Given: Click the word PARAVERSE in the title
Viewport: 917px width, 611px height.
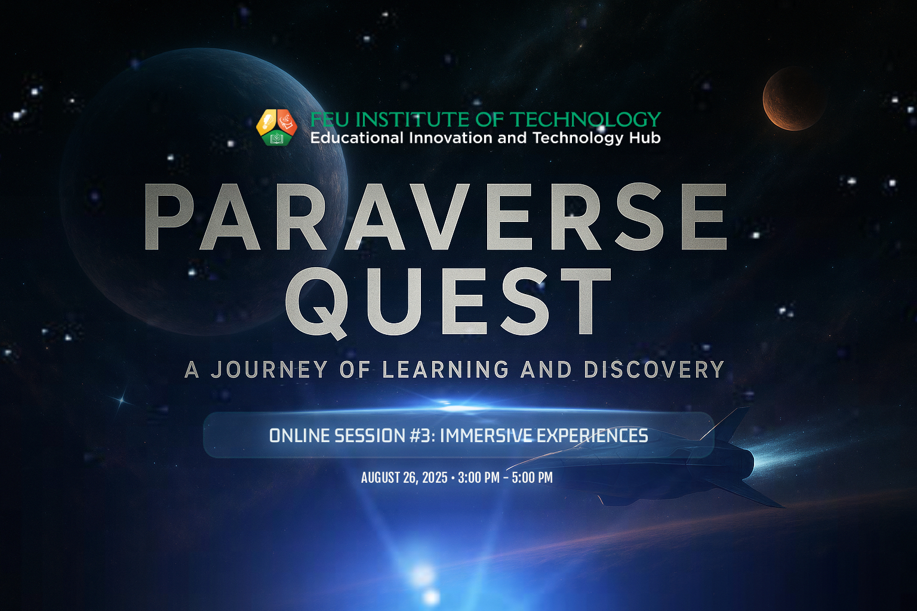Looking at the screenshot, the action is pos(436,217).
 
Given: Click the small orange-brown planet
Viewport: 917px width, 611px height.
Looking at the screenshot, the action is pos(793,98).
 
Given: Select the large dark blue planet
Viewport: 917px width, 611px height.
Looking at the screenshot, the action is pos(204,192).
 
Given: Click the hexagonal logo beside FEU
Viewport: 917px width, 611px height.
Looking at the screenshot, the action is pos(277,127).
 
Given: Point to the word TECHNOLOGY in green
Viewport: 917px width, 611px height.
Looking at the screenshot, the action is pos(587,119).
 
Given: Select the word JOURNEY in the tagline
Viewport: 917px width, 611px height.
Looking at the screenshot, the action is pos(269,369).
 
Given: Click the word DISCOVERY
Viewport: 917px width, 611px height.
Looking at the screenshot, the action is pos(654,369).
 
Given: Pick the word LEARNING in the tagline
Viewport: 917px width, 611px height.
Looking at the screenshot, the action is pos(445,369).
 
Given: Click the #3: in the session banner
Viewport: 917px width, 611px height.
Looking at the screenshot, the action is pos(423,436).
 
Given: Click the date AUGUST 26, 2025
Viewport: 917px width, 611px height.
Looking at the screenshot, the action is pos(404,477).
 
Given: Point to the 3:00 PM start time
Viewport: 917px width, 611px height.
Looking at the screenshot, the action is pos(479,477).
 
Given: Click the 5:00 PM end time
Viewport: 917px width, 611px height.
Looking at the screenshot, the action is pos(532,477).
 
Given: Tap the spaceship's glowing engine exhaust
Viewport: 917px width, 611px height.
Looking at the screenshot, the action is pos(790,454).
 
